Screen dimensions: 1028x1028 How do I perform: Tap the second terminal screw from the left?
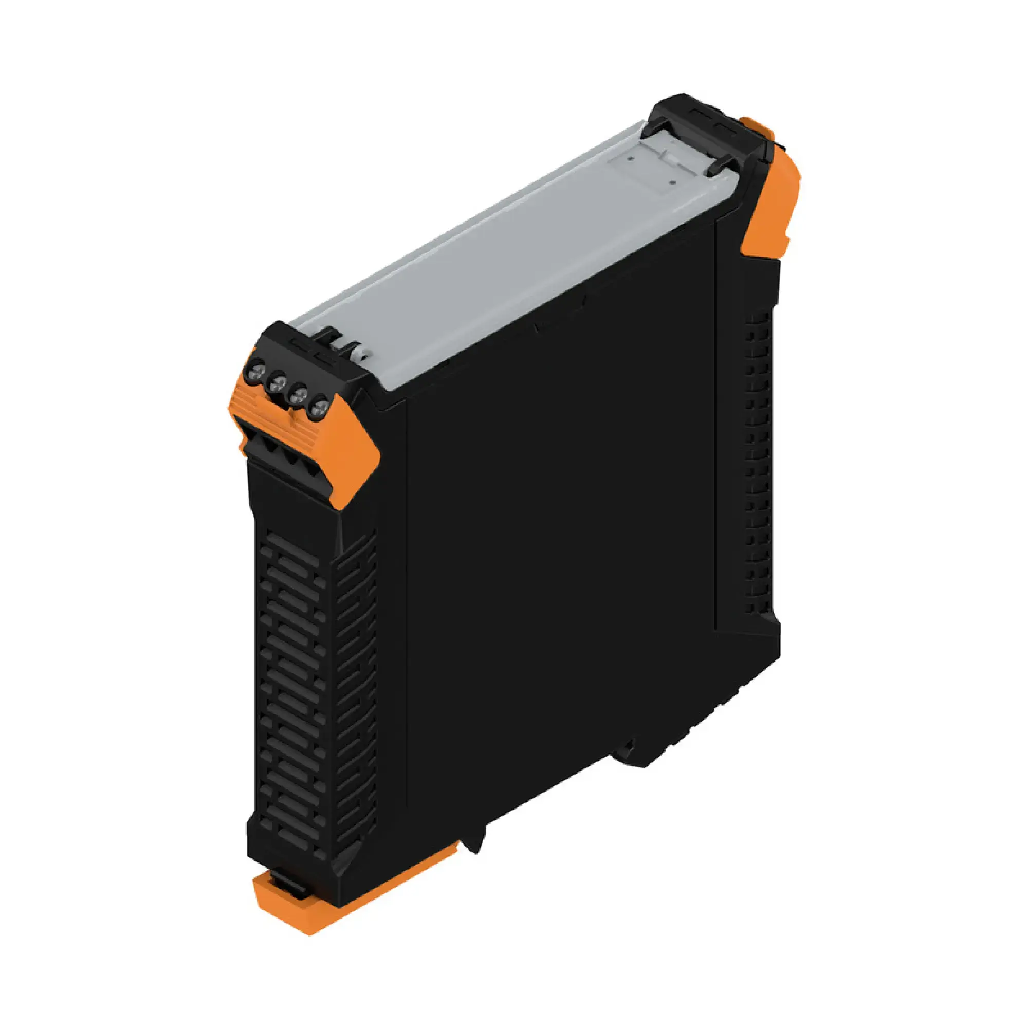click(x=277, y=380)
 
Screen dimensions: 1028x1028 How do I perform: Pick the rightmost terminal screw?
click(x=319, y=409)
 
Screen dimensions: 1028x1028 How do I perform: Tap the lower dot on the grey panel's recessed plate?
click(x=673, y=181)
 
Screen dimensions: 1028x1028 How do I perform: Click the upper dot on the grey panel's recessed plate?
click(x=630, y=157)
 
